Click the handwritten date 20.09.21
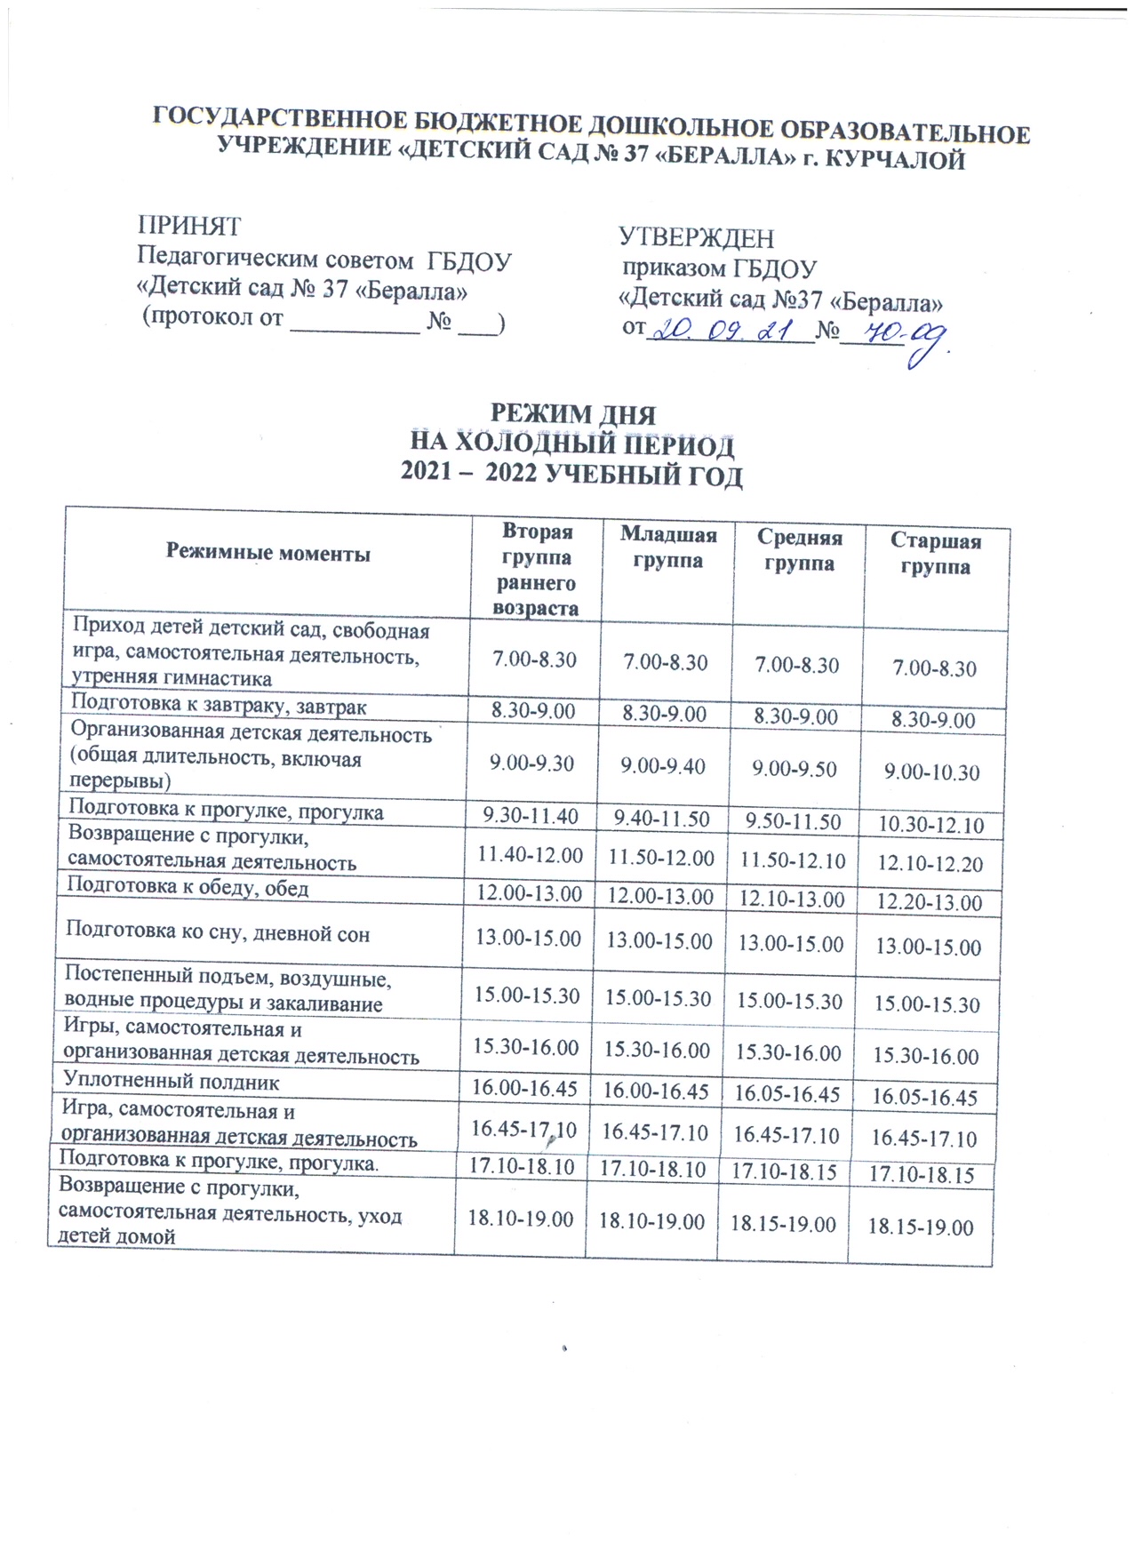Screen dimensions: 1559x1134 pos(729,332)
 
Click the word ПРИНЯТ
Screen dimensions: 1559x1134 pos(188,226)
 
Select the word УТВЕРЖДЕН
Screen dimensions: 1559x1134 pos(696,238)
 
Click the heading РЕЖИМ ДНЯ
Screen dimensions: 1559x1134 pos(573,415)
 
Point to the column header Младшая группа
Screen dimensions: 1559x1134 pos(667,548)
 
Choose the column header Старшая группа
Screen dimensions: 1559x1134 pos(935,554)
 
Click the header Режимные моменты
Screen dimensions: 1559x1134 pos(268,554)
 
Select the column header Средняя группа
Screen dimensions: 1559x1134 pos(798,550)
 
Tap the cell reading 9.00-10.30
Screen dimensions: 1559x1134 pos(931,772)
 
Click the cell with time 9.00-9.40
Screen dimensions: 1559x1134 pos(664,765)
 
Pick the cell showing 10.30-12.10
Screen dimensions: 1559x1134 pos(930,825)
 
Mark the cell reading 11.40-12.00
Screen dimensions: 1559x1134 pos(530,855)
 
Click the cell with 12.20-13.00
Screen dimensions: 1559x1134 pos(929,903)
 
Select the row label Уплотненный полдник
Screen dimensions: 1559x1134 pos(171,1083)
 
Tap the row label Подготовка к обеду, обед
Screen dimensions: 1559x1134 pos(188,887)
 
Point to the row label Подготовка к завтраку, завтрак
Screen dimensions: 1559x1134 pos(219,707)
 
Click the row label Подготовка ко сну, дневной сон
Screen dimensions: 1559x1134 pos(218,933)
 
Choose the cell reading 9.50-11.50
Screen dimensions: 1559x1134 pos(793,821)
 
